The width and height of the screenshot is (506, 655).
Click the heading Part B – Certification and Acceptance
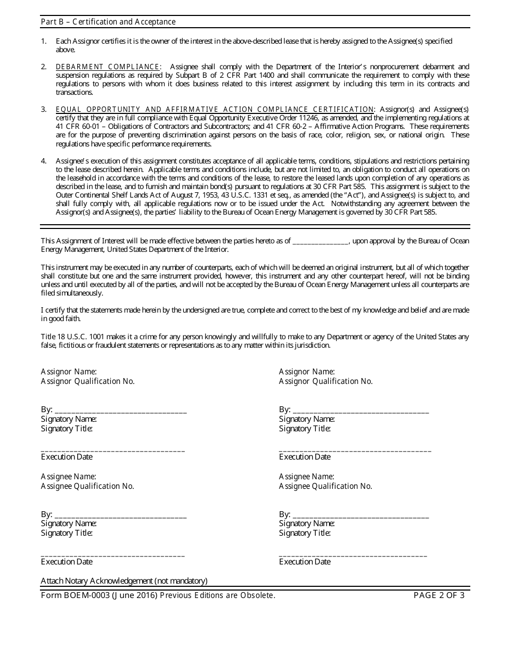click(x=108, y=22)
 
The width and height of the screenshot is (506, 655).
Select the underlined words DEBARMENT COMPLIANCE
click(x=108, y=67)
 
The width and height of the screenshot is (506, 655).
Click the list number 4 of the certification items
click(x=44, y=161)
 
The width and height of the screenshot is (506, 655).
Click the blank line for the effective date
click(x=320, y=241)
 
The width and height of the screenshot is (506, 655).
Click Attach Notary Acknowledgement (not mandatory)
click(x=124, y=581)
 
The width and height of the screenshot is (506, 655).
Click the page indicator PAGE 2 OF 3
click(x=439, y=595)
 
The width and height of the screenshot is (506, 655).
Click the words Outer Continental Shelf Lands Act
click(x=97, y=195)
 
